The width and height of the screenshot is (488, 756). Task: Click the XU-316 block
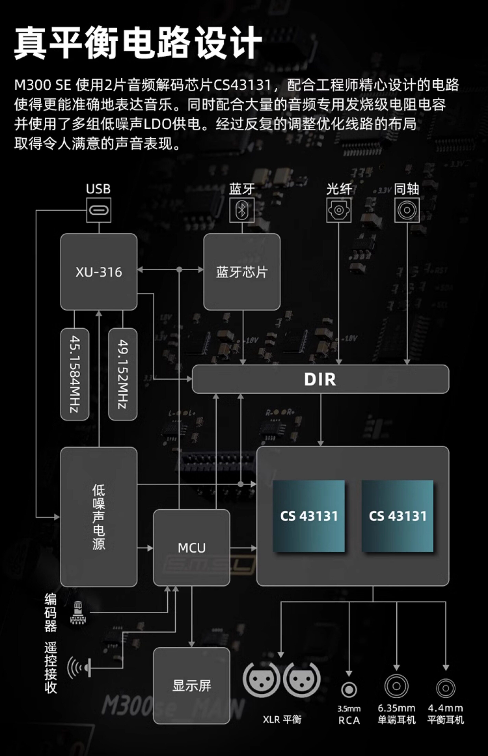(x=99, y=272)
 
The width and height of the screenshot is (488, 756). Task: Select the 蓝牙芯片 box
(x=242, y=272)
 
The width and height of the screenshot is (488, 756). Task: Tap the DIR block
(x=320, y=379)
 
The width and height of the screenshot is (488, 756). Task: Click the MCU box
(x=192, y=548)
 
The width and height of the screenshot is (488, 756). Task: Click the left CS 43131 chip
(x=309, y=516)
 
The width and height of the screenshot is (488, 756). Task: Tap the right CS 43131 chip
(x=397, y=516)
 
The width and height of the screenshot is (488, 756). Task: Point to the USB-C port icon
(x=99, y=210)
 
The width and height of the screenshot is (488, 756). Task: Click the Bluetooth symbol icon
(x=242, y=210)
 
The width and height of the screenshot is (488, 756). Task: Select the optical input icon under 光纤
(x=339, y=210)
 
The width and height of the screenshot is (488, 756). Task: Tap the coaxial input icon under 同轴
(x=407, y=210)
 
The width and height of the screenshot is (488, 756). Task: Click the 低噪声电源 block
(x=99, y=517)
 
